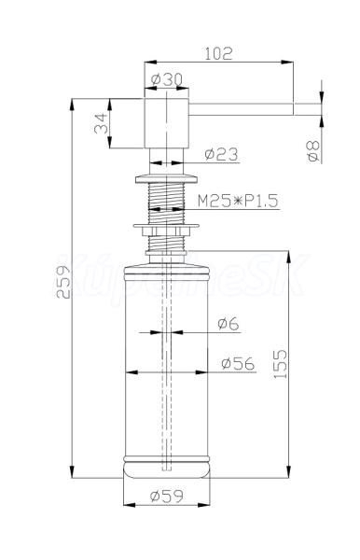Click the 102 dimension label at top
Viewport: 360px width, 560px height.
click(x=218, y=53)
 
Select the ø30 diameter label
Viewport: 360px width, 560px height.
click(x=166, y=79)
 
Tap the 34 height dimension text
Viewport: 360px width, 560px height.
click(x=101, y=123)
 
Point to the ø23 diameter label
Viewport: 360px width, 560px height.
click(x=221, y=154)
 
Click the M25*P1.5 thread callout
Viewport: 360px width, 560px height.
click(x=238, y=201)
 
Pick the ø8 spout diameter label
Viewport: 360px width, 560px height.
click(x=313, y=150)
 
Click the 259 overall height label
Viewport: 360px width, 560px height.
click(x=63, y=282)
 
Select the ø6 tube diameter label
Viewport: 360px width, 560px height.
click(x=228, y=324)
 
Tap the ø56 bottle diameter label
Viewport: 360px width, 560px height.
click(x=238, y=363)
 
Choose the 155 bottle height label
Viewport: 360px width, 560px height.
click(x=281, y=364)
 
